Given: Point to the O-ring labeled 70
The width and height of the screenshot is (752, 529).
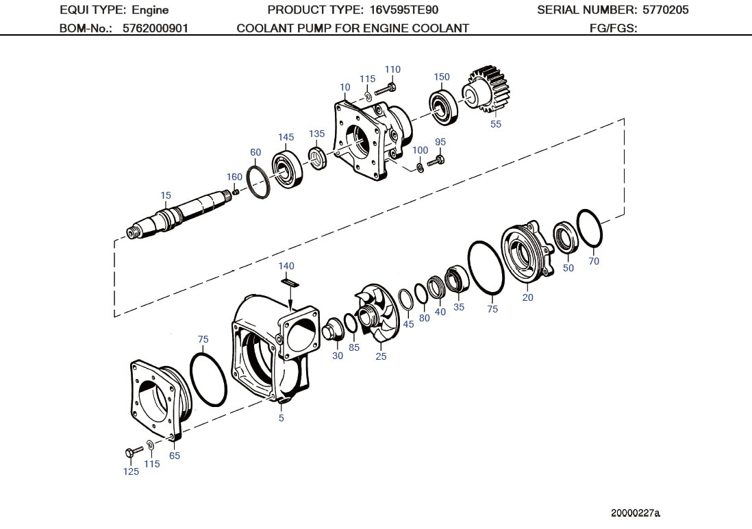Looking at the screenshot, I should coord(589,228).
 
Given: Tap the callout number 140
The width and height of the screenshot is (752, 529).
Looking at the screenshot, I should coord(286,266).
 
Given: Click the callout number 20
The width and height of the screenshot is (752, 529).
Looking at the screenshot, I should coord(527,297).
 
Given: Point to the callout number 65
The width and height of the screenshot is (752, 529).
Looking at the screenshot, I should coord(175,456).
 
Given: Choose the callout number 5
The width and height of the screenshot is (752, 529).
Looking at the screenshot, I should coord(281,418).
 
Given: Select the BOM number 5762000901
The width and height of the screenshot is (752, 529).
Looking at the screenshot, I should coord(155,28).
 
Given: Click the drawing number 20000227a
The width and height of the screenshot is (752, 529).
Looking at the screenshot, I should coord(636,513).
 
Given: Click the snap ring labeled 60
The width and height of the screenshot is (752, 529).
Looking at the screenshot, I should coord(258,182).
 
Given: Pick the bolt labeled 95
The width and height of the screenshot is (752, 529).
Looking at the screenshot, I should coord(436,162).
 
